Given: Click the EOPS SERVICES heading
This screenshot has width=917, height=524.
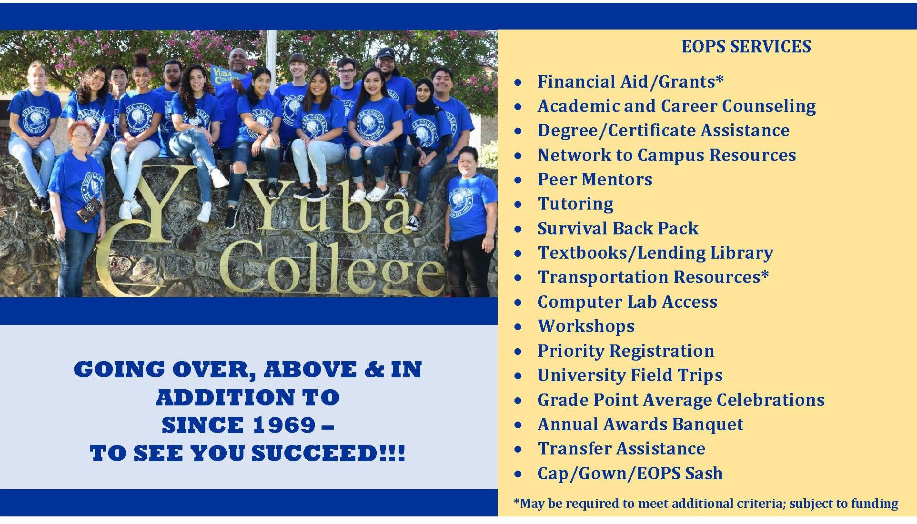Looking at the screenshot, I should click(746, 47).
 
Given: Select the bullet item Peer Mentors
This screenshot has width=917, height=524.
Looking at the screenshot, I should click(595, 180).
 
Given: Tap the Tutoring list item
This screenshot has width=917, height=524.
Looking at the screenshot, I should click(575, 204).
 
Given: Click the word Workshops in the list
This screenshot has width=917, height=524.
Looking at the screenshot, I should click(586, 326).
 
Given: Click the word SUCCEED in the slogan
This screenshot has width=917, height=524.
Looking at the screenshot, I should click(314, 453).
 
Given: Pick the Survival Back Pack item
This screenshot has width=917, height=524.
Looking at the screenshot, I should click(618, 229).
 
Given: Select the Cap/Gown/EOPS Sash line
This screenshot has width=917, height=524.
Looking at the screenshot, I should click(630, 474).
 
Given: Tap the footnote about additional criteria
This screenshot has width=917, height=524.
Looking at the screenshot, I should click(706, 504).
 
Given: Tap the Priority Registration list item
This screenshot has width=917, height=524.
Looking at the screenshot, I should click(625, 351).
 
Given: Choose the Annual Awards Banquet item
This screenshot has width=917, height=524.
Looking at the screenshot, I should click(640, 424).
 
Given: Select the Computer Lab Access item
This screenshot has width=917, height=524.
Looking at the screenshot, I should click(627, 302).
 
